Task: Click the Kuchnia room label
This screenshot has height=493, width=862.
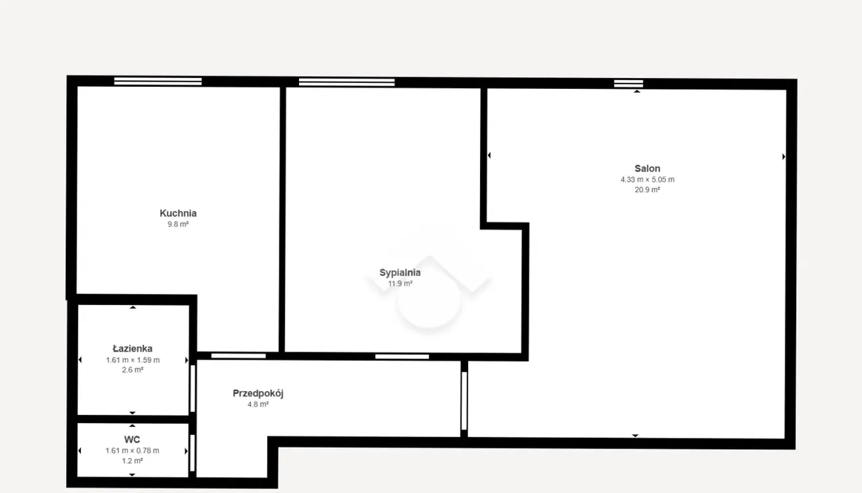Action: pyautogui.click(x=178, y=213)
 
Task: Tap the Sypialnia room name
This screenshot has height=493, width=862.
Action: pyautogui.click(x=400, y=273)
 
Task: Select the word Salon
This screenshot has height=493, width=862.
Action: pyautogui.click(x=647, y=168)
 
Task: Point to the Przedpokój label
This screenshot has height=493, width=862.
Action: pyautogui.click(x=258, y=393)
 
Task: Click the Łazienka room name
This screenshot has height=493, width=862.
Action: pyautogui.click(x=133, y=349)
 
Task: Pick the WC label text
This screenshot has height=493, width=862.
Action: pyautogui.click(x=132, y=440)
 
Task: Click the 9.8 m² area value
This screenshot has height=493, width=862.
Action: pyautogui.click(x=178, y=224)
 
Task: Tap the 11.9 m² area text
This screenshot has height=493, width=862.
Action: pyautogui.click(x=400, y=284)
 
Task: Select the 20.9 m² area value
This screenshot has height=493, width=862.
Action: pyautogui.click(x=647, y=190)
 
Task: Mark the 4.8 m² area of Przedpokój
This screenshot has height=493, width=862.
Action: pyautogui.click(x=258, y=405)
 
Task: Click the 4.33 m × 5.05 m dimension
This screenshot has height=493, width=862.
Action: pyautogui.click(x=647, y=180)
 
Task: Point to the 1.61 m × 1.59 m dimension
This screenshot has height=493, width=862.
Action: pyautogui.click(x=133, y=360)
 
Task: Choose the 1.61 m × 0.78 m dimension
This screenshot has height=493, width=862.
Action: pyautogui.click(x=133, y=451)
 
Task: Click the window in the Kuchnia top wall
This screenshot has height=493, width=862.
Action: pyautogui.click(x=158, y=81)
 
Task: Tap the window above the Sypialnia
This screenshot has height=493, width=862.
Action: pyautogui.click(x=347, y=82)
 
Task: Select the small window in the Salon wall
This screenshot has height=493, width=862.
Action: pyautogui.click(x=628, y=84)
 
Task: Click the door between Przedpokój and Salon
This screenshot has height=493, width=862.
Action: pyautogui.click(x=464, y=401)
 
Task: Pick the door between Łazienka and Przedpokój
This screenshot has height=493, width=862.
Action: pyautogui.click(x=193, y=389)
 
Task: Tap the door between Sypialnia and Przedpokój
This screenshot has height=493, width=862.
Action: pyautogui.click(x=402, y=357)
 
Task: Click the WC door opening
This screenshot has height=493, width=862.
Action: pyautogui.click(x=193, y=453)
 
